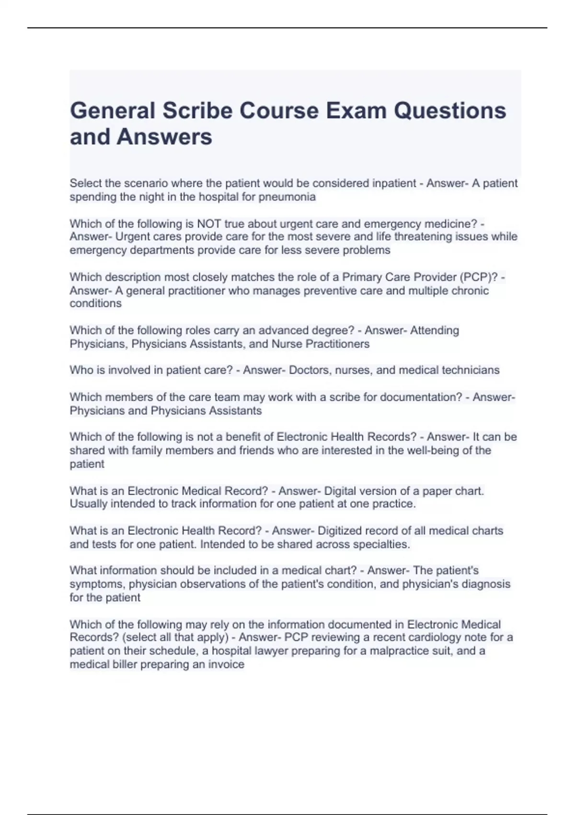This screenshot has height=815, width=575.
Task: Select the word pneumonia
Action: click(287, 197)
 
